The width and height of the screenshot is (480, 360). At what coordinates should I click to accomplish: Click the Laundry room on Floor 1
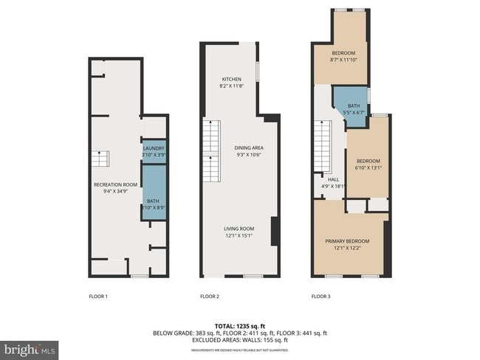(154, 151)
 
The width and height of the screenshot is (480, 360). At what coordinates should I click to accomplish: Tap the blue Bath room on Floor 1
(153, 193)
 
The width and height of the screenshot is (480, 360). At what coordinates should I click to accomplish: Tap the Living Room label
(239, 232)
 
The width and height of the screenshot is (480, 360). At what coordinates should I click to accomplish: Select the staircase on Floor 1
(100, 159)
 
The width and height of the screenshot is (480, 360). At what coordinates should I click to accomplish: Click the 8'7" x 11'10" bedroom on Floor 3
(343, 57)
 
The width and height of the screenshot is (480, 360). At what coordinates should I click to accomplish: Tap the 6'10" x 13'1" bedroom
(367, 164)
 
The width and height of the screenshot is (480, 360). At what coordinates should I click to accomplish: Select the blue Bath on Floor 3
(354, 110)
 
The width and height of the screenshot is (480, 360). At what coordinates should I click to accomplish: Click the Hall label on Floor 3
(332, 182)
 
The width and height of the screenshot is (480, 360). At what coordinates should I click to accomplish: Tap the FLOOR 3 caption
(320, 297)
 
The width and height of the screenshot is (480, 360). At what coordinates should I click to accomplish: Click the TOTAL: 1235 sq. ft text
(239, 325)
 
